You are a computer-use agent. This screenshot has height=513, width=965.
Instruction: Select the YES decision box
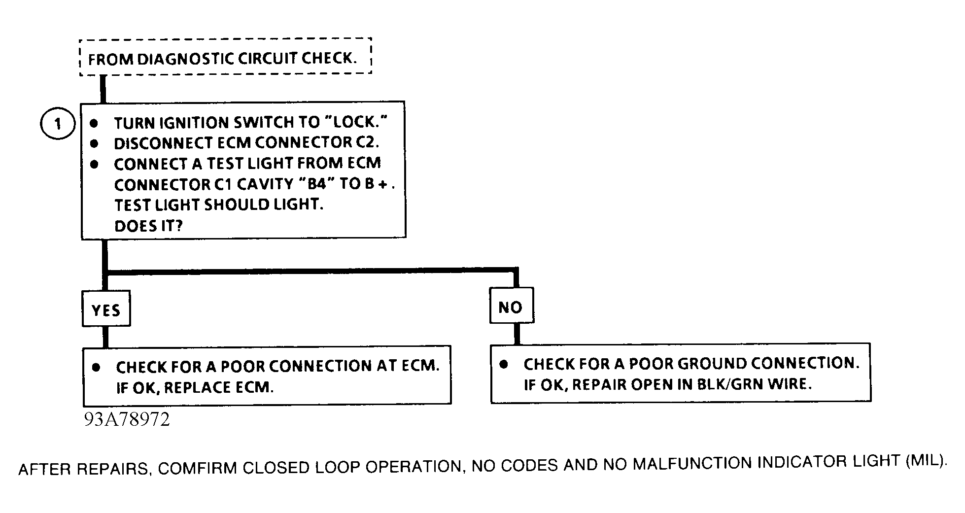pos(106,309)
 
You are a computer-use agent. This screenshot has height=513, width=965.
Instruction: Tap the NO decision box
pos(511,307)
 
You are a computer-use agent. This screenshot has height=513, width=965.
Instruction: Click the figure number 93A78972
pos(127,419)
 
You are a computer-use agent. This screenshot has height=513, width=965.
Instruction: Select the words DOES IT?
pos(148,226)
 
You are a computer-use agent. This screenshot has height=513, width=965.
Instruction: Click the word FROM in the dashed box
pos(110,60)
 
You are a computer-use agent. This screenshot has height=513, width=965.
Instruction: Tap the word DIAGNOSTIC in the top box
pos(186,59)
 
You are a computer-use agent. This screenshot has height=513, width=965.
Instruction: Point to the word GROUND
pos(713,363)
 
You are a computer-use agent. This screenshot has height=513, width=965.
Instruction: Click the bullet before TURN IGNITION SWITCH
pos(94,123)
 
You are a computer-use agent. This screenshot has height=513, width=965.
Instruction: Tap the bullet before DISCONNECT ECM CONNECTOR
pos(94,143)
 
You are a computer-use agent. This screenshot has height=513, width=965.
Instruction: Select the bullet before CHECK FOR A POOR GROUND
pos(503,364)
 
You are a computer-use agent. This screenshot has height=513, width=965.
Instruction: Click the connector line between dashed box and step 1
pos(103,89)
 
